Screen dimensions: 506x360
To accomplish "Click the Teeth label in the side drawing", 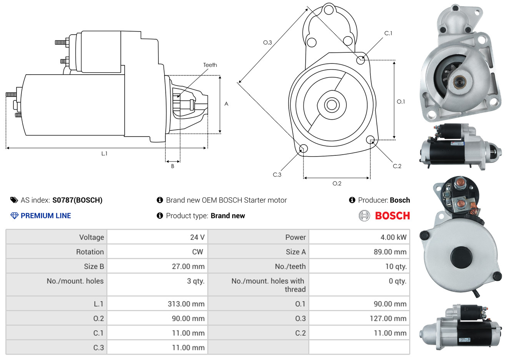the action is (210, 65).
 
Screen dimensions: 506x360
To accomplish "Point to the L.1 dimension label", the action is (104, 154).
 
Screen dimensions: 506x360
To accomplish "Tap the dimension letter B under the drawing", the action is (173, 166).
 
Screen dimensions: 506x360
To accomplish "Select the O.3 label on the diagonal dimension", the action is (268, 42).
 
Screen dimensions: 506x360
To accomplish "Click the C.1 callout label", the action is (388, 33).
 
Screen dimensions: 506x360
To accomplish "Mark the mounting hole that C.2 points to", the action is (370, 140).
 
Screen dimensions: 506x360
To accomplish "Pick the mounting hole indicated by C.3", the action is (303, 148).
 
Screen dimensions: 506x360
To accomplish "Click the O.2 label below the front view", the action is (337, 183).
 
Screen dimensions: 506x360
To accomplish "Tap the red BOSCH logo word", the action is (392, 216).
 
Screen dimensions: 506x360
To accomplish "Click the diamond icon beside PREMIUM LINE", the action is (15, 216).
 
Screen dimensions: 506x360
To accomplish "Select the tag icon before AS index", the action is (14, 200).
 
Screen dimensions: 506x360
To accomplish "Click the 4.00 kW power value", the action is (393, 237).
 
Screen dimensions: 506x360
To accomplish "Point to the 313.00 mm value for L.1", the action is (186, 304).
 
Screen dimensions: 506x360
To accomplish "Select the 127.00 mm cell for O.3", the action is (388, 318).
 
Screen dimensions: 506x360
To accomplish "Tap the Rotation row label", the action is (90, 252).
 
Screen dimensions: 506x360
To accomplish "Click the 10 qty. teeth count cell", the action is (396, 267).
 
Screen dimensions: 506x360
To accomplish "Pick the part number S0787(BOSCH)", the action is (77, 200).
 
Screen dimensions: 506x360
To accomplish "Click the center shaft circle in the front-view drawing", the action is (331, 105).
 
